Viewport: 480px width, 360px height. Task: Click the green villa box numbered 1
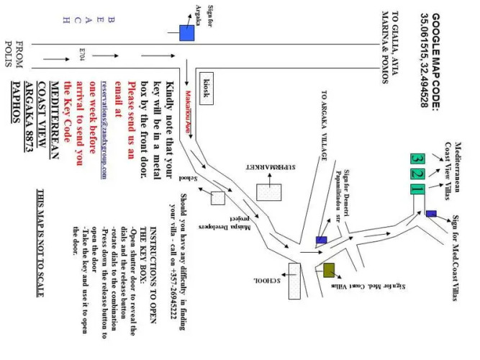tap(417, 189)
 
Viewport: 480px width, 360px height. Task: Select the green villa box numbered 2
tap(417, 174)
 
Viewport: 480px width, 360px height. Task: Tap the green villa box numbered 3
tap(417, 158)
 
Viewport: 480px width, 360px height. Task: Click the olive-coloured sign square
tap(328, 271)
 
